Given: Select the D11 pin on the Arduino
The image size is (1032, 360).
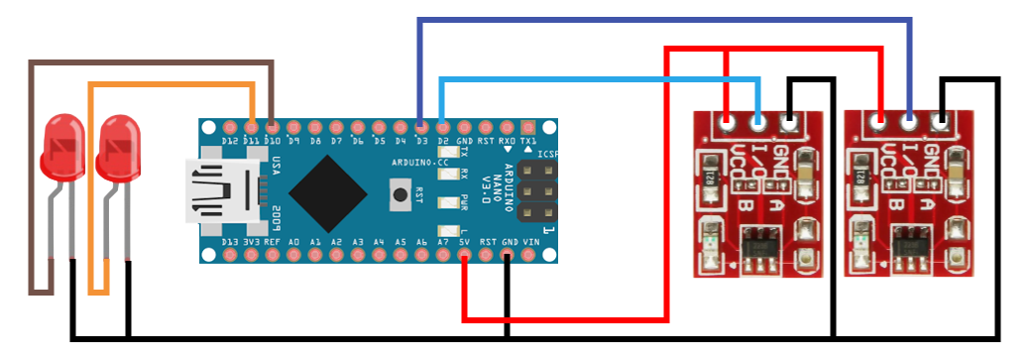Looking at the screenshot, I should (x=252, y=128).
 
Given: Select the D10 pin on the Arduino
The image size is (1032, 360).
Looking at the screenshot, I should (x=273, y=128).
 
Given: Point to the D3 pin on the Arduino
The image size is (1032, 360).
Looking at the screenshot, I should (x=421, y=128).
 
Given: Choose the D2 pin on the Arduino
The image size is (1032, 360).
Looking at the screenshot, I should (x=442, y=128).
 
